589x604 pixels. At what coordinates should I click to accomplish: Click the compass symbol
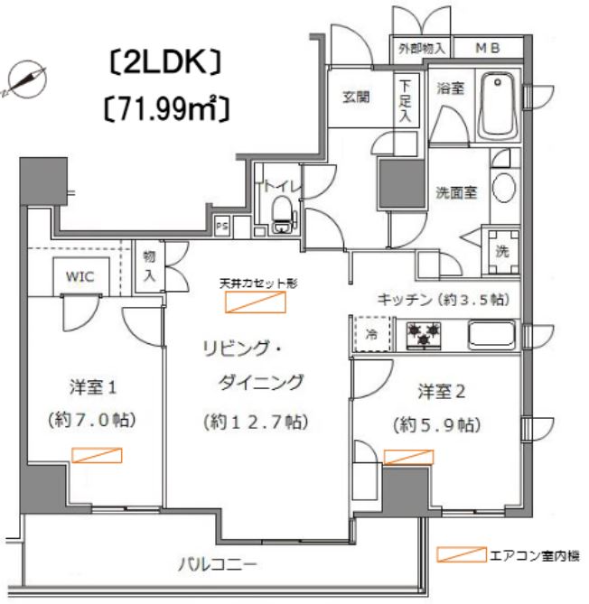pyautogui.click(x=23, y=78)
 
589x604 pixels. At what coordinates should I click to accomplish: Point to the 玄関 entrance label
pyautogui.click(x=355, y=98)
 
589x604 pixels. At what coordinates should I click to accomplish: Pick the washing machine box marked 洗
pyautogui.click(x=501, y=250)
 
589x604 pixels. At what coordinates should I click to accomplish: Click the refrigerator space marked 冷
pyautogui.click(x=372, y=332)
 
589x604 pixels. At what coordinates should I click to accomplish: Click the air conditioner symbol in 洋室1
pyautogui.click(x=96, y=455)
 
